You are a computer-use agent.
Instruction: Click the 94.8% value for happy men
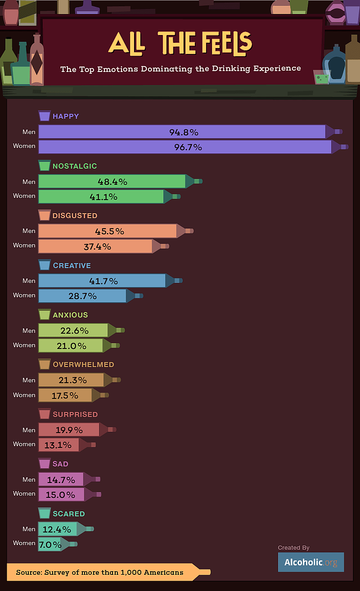pyautogui.click(x=184, y=132)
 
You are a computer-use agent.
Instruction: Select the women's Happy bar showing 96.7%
pyautogui.click(x=185, y=147)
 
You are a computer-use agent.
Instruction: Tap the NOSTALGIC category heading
pyautogui.click(x=75, y=166)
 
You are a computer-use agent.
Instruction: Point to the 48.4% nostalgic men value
pyautogui.click(x=112, y=182)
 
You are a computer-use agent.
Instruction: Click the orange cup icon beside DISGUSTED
pyautogui.click(x=44, y=215)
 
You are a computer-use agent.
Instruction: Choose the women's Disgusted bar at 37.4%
pyautogui.click(x=96, y=246)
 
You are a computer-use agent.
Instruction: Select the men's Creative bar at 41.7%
pyautogui.click(x=103, y=281)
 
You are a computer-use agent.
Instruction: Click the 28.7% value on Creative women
pyautogui.click(x=82, y=296)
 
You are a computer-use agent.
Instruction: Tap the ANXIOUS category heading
pyautogui.click(x=70, y=315)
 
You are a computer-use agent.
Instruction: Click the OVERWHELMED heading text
pyautogui.click(x=83, y=364)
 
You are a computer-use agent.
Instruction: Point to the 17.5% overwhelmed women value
pyautogui.click(x=65, y=395)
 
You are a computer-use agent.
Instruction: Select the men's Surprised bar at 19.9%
pyautogui.click(x=69, y=430)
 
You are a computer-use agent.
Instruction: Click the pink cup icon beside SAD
pyautogui.click(x=44, y=464)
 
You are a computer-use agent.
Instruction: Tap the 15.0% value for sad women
pyautogui.click(x=61, y=494)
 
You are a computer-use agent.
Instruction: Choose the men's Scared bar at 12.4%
pyautogui.click(x=58, y=529)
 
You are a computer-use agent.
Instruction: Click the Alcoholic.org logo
pyautogui.click(x=310, y=562)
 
